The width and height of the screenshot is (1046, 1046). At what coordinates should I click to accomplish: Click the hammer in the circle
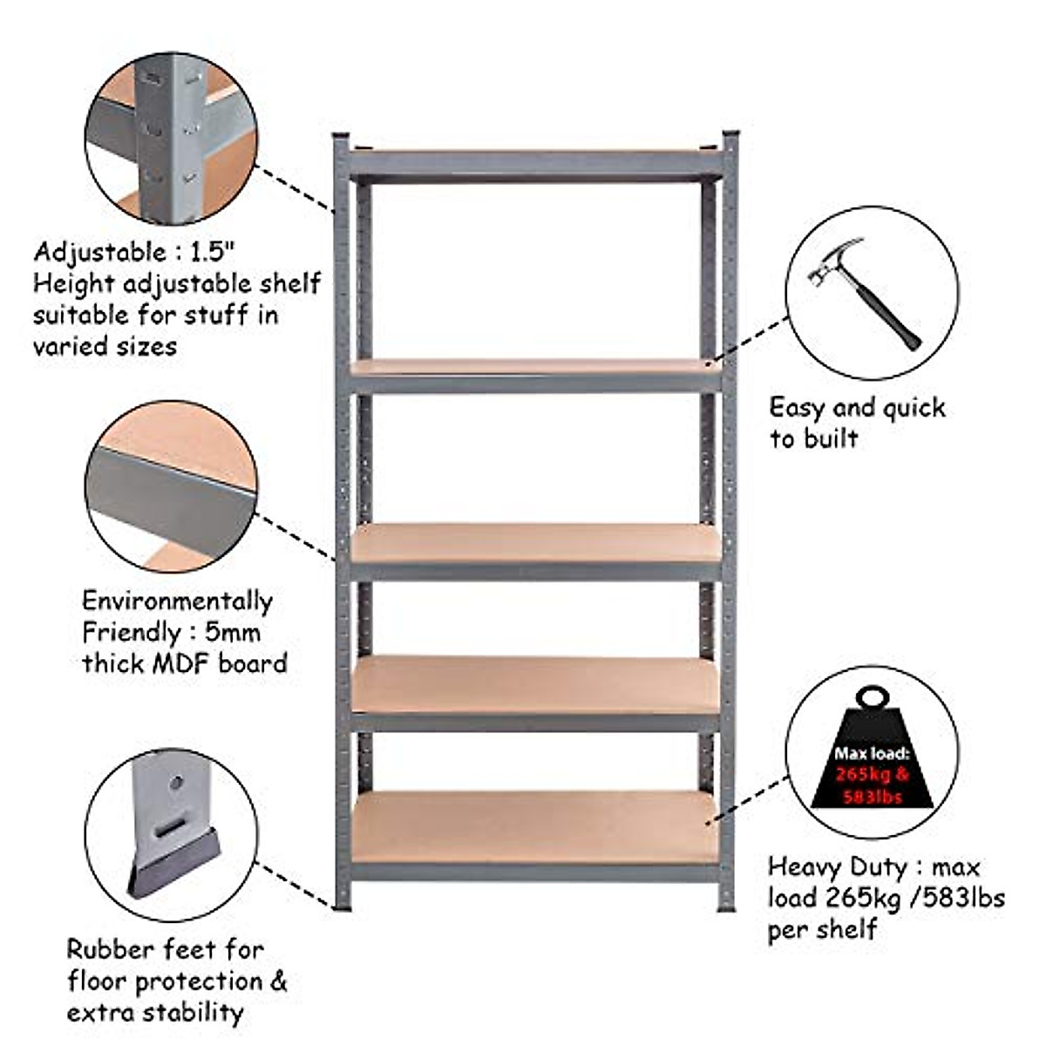[863, 292]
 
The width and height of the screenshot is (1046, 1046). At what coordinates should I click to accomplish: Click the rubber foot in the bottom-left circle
[175, 864]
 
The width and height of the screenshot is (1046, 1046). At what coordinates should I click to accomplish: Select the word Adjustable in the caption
[98, 252]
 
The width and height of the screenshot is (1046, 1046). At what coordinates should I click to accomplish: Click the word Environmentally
[177, 601]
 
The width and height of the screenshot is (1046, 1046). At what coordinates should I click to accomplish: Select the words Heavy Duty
[837, 867]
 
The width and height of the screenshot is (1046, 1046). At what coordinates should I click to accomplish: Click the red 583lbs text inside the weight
[872, 797]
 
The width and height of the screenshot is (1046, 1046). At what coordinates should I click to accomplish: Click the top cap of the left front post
[341, 139]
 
